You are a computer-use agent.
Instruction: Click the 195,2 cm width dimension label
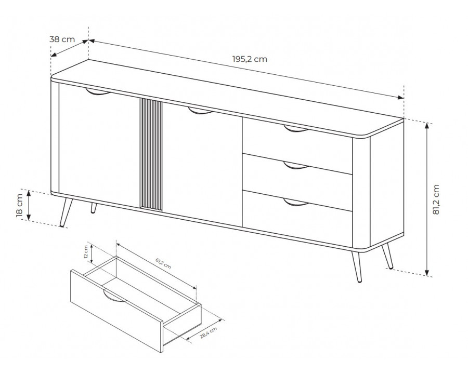click(x=250, y=59)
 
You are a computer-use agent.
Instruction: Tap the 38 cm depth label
click(x=62, y=39)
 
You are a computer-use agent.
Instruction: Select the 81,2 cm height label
click(x=436, y=199)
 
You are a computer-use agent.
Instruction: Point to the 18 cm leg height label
click(x=19, y=205)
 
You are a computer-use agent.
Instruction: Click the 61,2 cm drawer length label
click(x=163, y=263)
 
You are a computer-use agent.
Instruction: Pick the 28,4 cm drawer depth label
click(x=209, y=333)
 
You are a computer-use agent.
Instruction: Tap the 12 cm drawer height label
click(x=86, y=251)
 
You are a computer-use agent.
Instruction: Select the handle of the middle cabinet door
click(x=200, y=111)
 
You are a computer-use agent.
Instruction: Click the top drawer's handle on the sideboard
click(x=296, y=128)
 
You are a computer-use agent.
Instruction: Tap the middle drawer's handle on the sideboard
click(x=296, y=166)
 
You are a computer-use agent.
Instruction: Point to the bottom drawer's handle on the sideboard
click(x=296, y=202)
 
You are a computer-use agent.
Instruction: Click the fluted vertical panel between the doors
click(x=151, y=154)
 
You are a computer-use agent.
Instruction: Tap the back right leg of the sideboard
click(x=388, y=256)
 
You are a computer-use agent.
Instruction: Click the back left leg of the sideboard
click(x=94, y=208)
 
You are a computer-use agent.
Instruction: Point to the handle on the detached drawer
click(x=114, y=296)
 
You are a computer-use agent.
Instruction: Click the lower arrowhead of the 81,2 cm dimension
click(x=427, y=273)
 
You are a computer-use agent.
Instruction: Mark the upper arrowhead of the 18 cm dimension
click(x=29, y=194)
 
